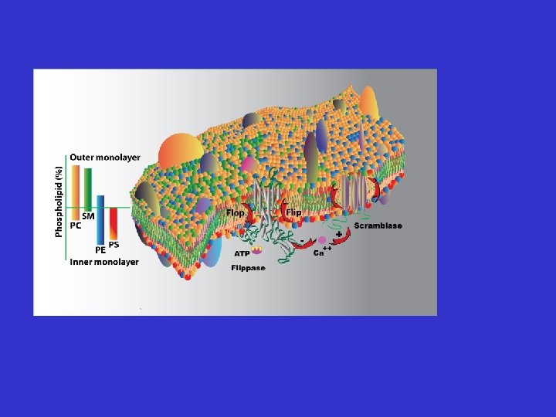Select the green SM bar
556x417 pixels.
click(x=88, y=188)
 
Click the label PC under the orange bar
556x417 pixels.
click(x=76, y=226)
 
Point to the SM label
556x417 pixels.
click(x=88, y=217)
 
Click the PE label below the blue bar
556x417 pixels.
click(x=100, y=250)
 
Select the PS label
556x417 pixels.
click(x=114, y=244)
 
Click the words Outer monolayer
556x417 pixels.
click(x=105, y=158)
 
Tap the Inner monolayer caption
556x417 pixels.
click(x=104, y=262)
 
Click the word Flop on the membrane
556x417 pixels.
click(x=236, y=212)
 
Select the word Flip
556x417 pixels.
click(x=293, y=212)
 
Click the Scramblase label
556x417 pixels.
click(x=378, y=225)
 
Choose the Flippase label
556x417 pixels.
click(x=248, y=268)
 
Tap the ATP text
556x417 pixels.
click(x=242, y=253)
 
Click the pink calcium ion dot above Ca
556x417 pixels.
click(x=322, y=241)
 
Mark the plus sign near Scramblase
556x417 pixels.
click(x=339, y=233)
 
